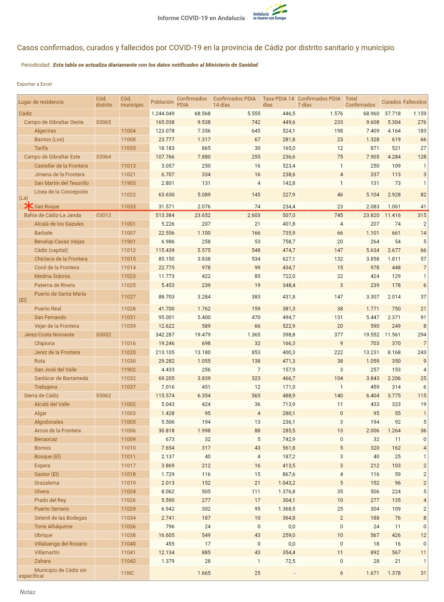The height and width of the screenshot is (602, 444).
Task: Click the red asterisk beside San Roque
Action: click(x=28, y=206)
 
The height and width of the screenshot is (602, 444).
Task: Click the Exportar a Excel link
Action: click(x=34, y=84)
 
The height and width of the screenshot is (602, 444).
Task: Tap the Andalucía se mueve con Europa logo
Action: click(x=270, y=13)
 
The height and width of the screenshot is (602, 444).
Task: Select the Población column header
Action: click(x=162, y=102)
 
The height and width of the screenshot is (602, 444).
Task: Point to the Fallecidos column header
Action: click(x=414, y=102)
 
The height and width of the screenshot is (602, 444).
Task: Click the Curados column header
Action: click(x=391, y=102)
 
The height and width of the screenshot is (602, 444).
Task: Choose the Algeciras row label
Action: click(x=45, y=131)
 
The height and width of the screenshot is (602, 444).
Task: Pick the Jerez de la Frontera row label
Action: click(x=57, y=352)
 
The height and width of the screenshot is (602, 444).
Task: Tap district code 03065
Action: click(x=104, y=122)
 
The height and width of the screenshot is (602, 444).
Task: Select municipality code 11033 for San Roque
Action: click(x=128, y=207)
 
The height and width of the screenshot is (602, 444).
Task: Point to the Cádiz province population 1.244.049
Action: click(x=163, y=114)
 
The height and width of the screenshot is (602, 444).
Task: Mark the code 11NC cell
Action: click(x=127, y=573)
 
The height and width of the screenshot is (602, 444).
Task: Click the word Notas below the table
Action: click(x=28, y=592)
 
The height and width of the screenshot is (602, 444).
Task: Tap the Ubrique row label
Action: click(x=43, y=535)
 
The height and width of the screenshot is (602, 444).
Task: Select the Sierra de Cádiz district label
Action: click(x=41, y=396)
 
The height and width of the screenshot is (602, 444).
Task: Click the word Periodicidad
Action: click(x=36, y=65)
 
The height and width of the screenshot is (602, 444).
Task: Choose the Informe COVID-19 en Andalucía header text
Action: click(x=201, y=18)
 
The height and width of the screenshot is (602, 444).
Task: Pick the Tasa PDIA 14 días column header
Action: click(x=279, y=102)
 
